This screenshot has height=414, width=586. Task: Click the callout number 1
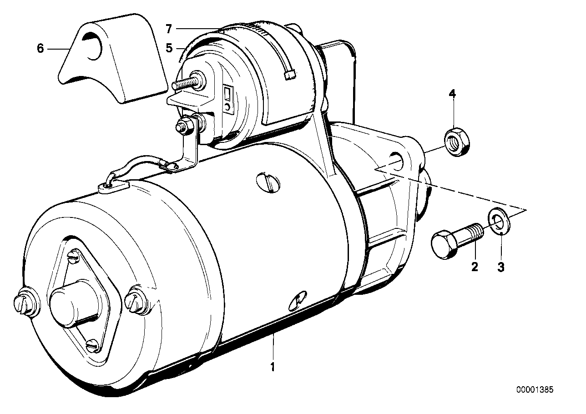point(273,367)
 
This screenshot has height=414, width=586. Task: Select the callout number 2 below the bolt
point(475,267)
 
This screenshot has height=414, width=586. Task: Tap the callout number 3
point(501,268)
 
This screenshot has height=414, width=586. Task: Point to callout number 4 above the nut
point(452,94)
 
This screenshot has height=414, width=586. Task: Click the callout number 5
point(169,48)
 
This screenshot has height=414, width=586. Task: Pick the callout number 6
point(40,48)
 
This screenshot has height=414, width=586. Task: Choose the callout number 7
point(169,29)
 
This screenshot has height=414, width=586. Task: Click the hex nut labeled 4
point(457,142)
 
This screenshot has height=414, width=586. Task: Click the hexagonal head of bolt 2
point(444,244)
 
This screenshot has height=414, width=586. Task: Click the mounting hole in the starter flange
point(397,161)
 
